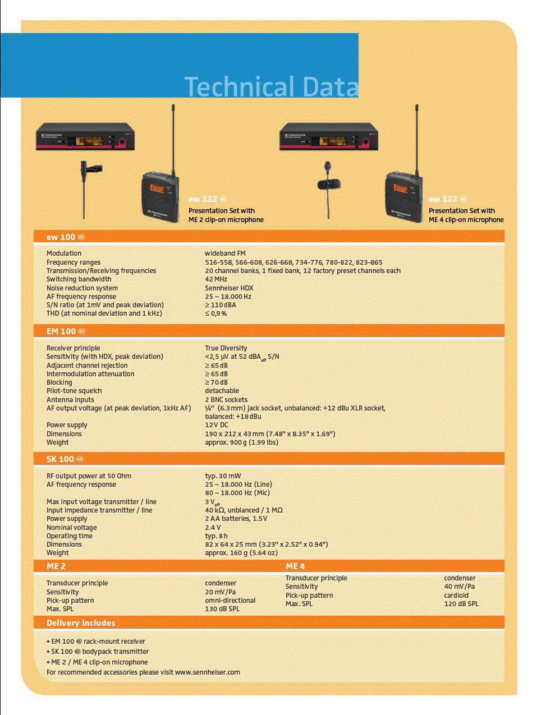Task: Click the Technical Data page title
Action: (271, 86)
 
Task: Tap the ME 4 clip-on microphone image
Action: (329, 190)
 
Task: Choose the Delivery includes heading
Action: (81, 623)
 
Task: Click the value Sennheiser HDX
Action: (229, 288)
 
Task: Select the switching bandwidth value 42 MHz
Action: (216, 279)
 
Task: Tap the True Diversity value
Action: (226, 348)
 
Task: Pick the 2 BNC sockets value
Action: (226, 399)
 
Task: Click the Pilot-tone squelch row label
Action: (74, 390)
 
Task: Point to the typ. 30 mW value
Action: (223, 476)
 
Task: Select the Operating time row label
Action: (70, 536)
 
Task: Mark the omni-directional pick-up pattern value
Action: (230, 601)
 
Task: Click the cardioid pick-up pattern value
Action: (456, 595)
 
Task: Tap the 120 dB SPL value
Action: (461, 603)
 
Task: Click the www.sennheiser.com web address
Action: (208, 672)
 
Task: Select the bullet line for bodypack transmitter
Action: (98, 652)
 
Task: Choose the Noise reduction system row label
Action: (82, 288)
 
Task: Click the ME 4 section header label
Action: (295, 566)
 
